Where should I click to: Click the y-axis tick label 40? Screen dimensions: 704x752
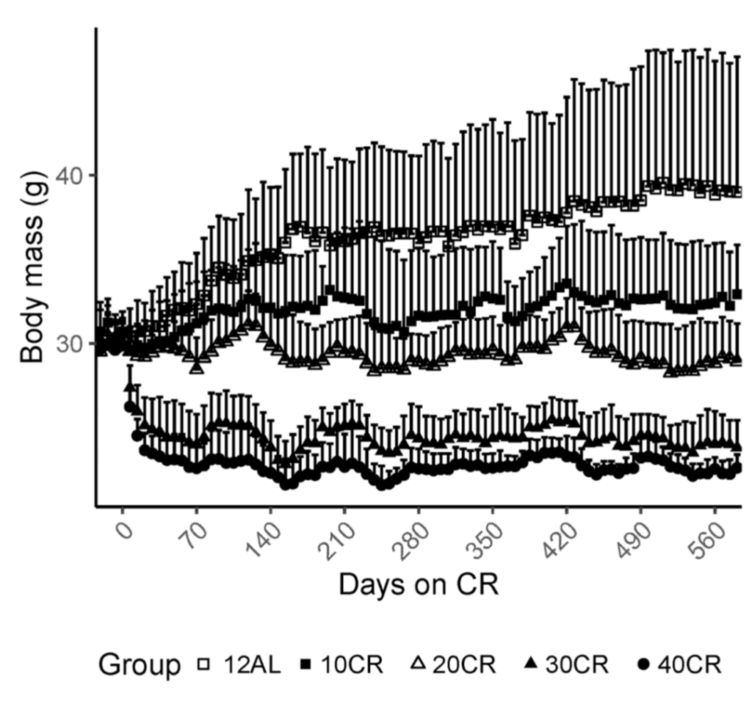point(70,175)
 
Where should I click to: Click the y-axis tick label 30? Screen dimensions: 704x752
point(70,344)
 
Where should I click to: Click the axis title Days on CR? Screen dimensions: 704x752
point(419,586)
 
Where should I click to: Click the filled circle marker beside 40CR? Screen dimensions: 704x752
point(643,664)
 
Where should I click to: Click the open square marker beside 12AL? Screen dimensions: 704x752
point(204,665)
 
